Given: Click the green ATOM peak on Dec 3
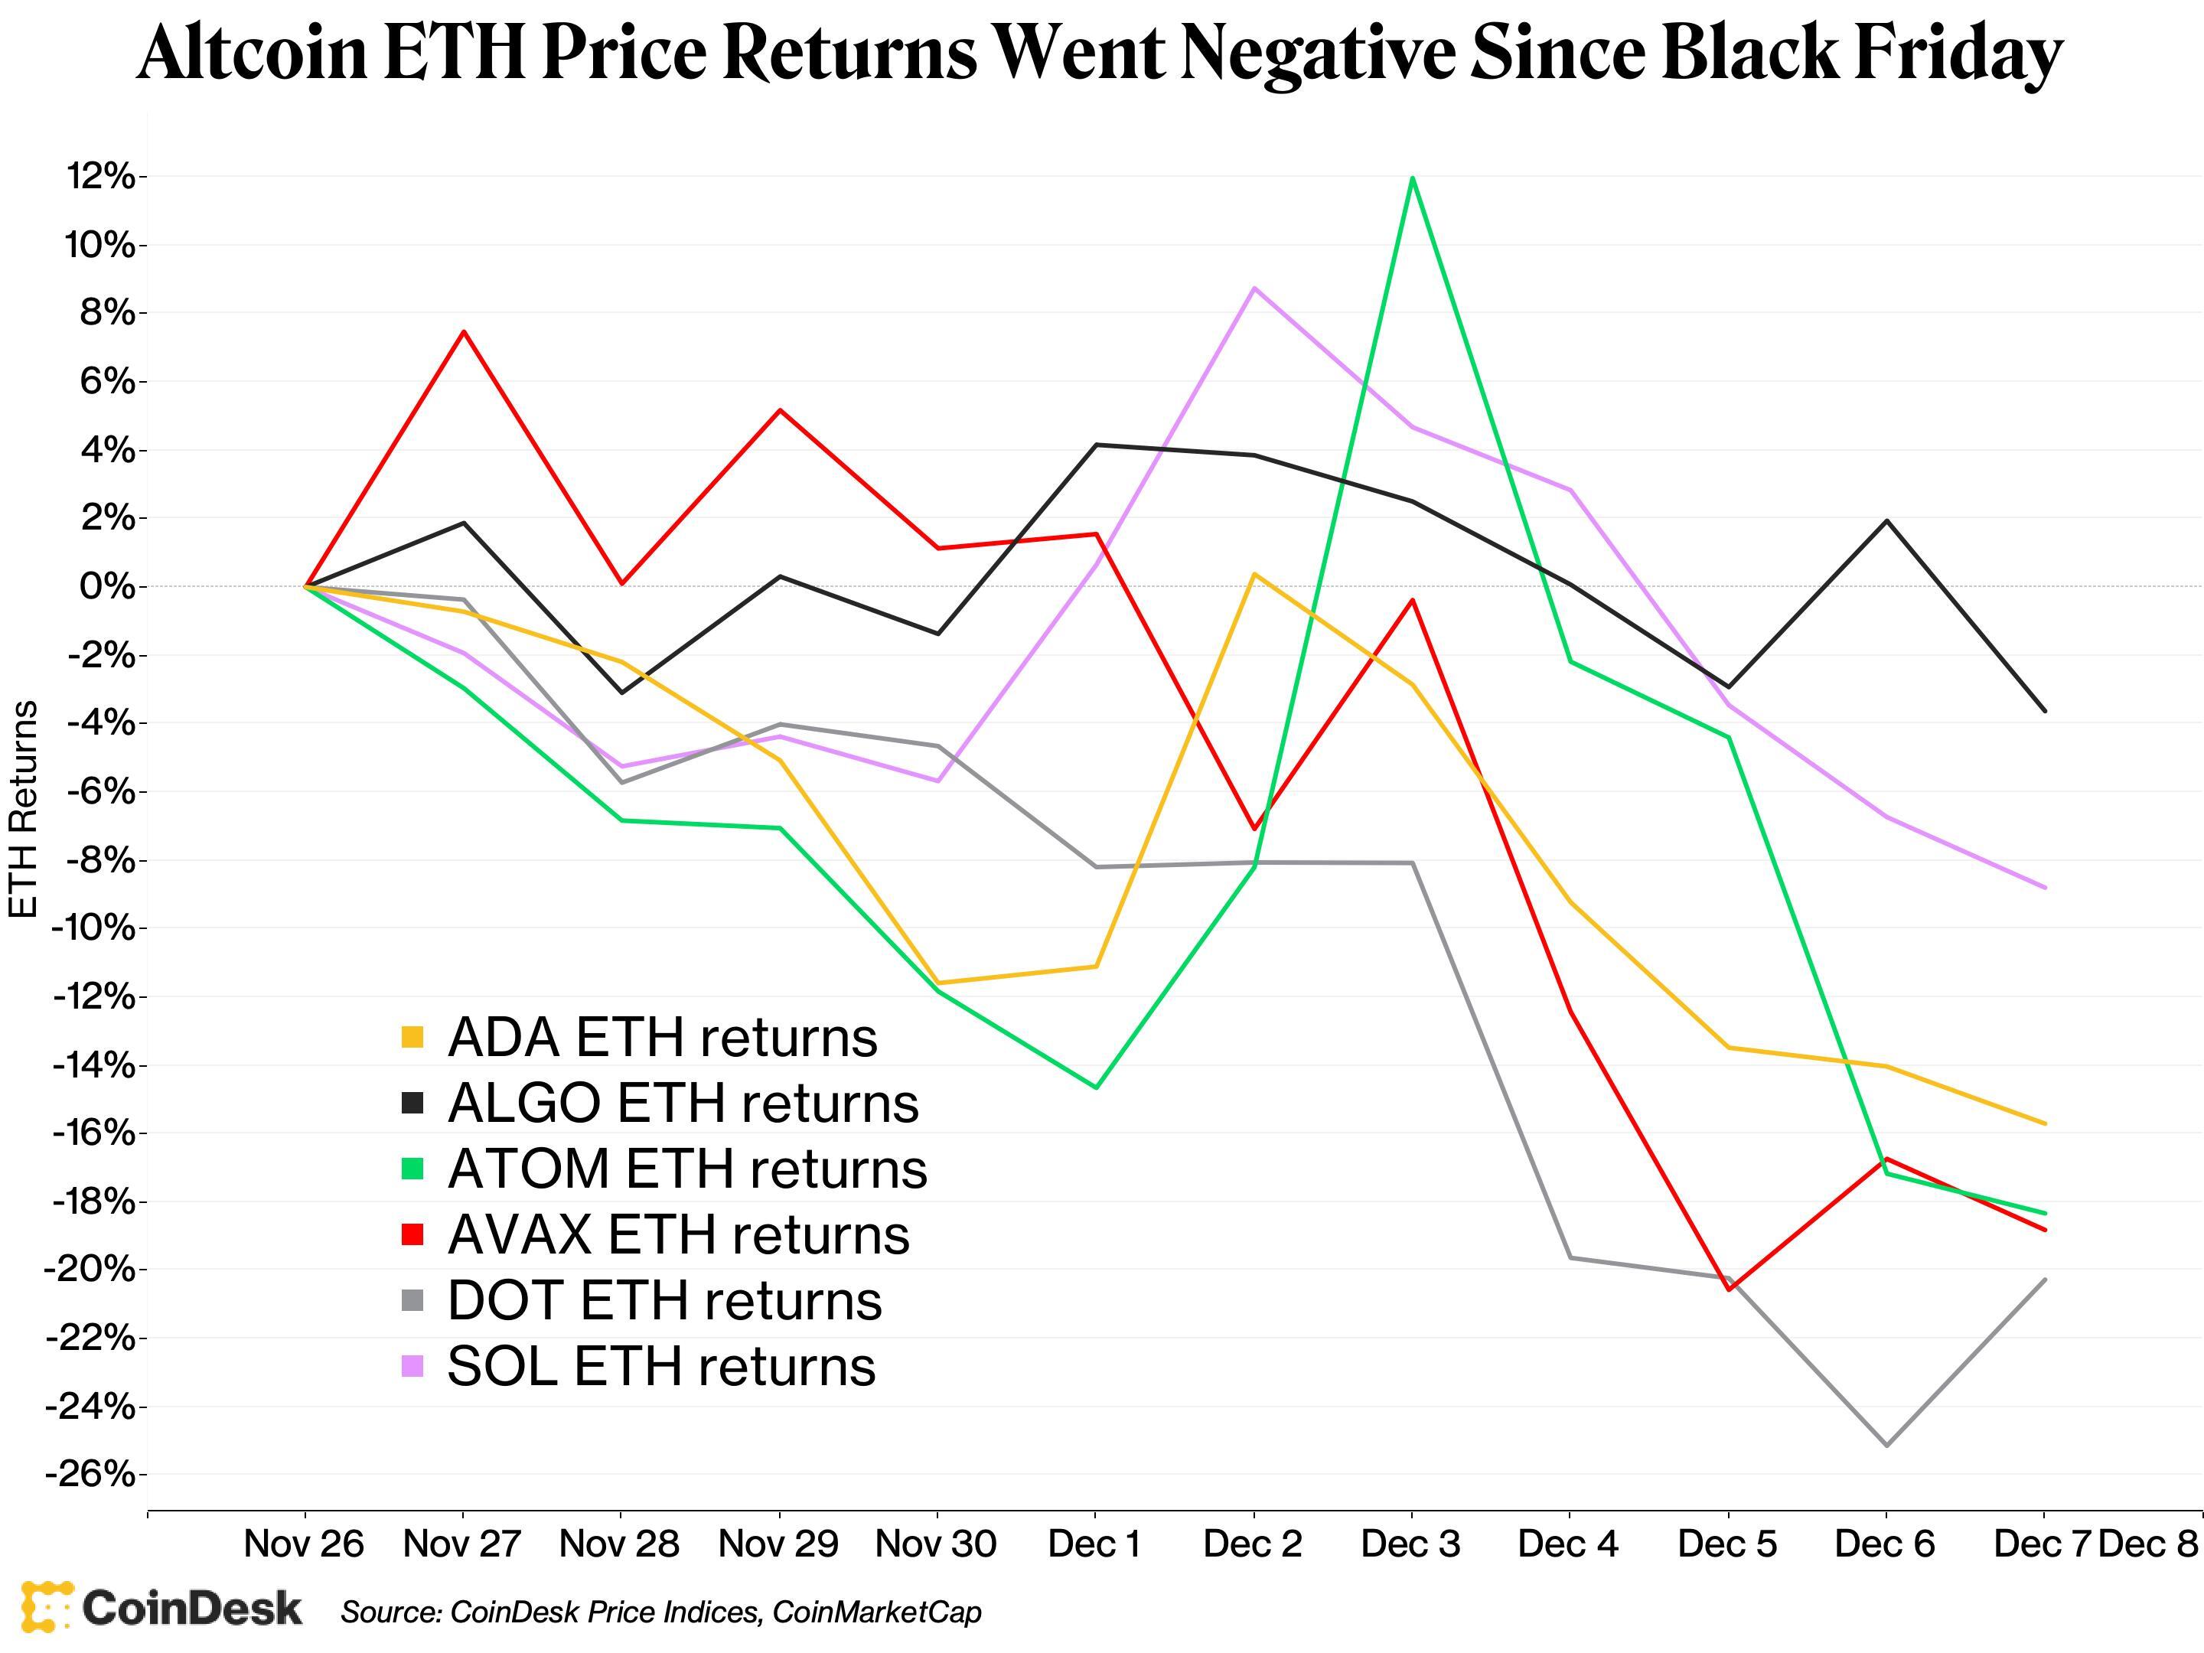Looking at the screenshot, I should [x=1412, y=178].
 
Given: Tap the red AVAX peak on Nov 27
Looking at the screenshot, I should [x=463, y=332].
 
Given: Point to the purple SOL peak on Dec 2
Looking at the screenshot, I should [x=1254, y=288].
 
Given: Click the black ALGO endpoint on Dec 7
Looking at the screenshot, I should [x=2045, y=710].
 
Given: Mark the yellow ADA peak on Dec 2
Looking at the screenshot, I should [x=1254, y=574].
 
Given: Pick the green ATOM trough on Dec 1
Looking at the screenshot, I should [x=1096, y=1087].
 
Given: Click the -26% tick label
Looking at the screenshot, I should [x=90, y=1474].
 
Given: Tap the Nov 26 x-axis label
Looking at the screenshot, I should [x=304, y=1544].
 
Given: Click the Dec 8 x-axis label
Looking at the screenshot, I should [x=2148, y=1544].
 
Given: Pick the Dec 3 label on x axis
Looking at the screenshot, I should [x=1411, y=1544].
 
